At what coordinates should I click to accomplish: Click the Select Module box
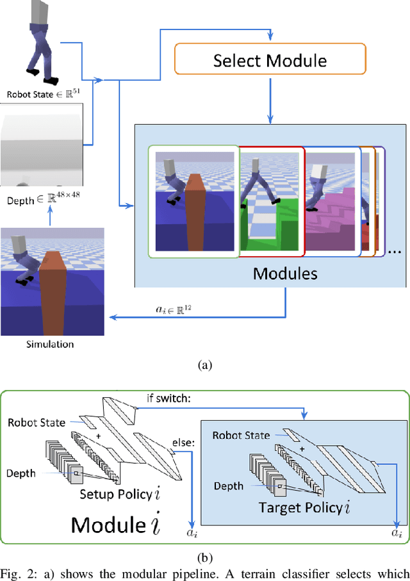[270, 61]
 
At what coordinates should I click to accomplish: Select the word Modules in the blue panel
[285, 274]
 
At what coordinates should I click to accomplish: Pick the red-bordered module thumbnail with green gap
[270, 200]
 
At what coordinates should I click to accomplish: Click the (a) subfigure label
[204, 365]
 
